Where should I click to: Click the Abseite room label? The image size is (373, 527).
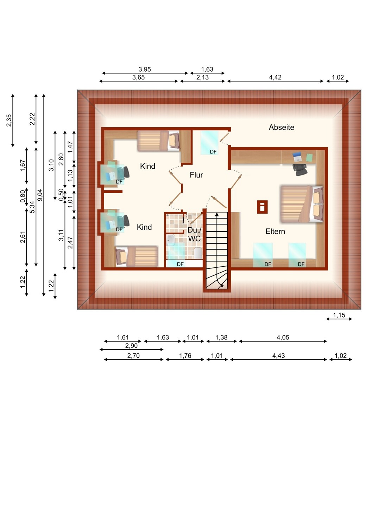pyautogui.click(x=282, y=127)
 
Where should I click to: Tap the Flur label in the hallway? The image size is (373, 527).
pyautogui.click(x=196, y=175)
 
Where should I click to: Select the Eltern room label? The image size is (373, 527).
pyautogui.click(x=275, y=231)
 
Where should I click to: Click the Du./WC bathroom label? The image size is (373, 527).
pyautogui.click(x=194, y=234)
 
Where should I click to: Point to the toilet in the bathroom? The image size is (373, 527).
pyautogui.click(x=198, y=253)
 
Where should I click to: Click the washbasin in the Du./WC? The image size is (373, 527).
pyautogui.click(x=170, y=240)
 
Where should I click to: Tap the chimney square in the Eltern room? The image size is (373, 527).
pyautogui.click(x=262, y=207)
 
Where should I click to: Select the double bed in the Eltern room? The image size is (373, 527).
pyautogui.click(x=302, y=204)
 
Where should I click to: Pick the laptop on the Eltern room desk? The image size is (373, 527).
pyautogui.click(x=297, y=156)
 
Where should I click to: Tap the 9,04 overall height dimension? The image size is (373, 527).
pyautogui.click(x=40, y=195)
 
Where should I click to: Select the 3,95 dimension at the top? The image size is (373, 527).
pyautogui.click(x=144, y=69)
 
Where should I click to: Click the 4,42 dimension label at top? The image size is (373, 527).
pyautogui.click(x=275, y=77)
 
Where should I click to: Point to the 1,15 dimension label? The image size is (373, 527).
pyautogui.click(x=339, y=315)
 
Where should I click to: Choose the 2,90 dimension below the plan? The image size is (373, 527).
pyautogui.click(x=131, y=346)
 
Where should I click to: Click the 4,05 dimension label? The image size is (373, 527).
pyautogui.click(x=283, y=337)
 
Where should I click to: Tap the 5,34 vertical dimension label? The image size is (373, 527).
pyautogui.click(x=32, y=207)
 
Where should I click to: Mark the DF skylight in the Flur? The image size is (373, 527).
pyautogui.click(x=209, y=143)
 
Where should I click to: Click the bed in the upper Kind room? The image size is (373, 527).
pyautogui.click(x=158, y=141)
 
